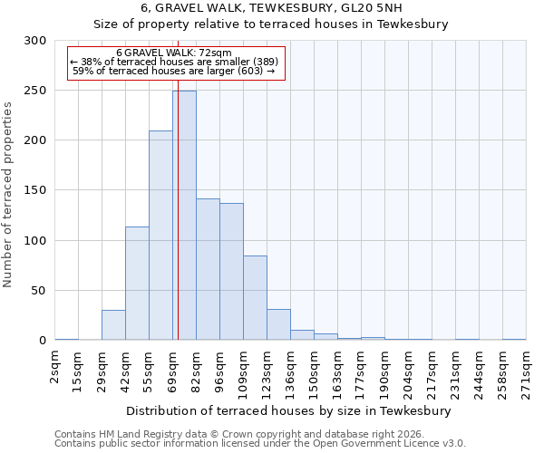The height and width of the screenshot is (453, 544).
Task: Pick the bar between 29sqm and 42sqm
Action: click(x=113, y=325)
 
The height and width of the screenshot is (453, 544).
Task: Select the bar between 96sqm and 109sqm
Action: click(x=231, y=272)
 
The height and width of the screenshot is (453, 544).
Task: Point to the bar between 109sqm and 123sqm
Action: click(x=255, y=298)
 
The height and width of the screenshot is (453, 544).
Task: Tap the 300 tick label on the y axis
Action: click(x=34, y=41)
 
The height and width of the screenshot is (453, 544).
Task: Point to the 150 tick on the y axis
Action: click(x=34, y=190)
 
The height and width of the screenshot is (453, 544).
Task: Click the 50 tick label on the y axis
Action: click(x=38, y=291)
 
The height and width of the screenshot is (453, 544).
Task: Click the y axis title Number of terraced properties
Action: click(x=8, y=195)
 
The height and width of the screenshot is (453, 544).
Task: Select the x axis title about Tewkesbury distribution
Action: click(x=289, y=410)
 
